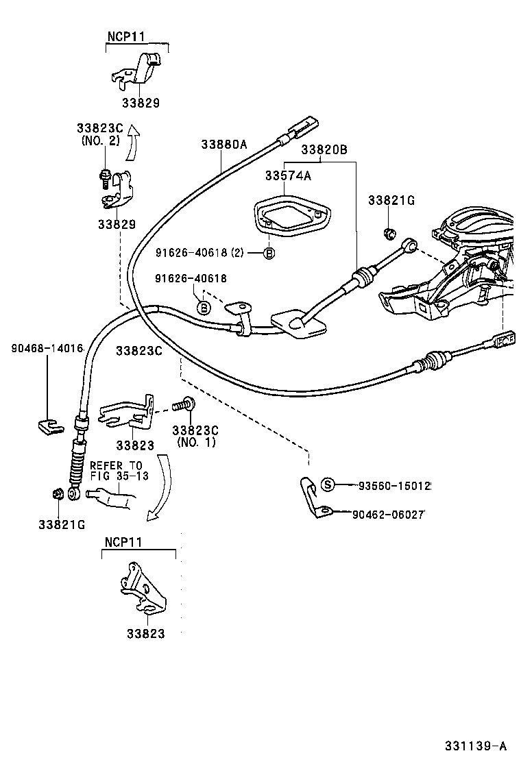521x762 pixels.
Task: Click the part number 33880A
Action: pos(223,145)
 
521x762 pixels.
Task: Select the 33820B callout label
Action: pos(324,149)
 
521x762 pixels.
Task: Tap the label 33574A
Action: pos(288,176)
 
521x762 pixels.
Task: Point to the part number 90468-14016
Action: pos(47,349)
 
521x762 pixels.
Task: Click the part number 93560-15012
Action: pos(394,485)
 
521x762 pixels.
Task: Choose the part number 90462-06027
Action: pos(393,513)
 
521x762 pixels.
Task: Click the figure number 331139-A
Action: pos(475,746)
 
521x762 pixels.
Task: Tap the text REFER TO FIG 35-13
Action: pos(119,470)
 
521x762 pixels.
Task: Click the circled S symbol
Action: pos(328,485)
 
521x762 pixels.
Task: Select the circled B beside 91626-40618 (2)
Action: pos(269,253)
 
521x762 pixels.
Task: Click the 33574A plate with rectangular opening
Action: pos(291,216)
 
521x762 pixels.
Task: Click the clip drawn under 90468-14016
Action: pos(49,426)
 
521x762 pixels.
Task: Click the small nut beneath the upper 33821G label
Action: pos(388,232)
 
